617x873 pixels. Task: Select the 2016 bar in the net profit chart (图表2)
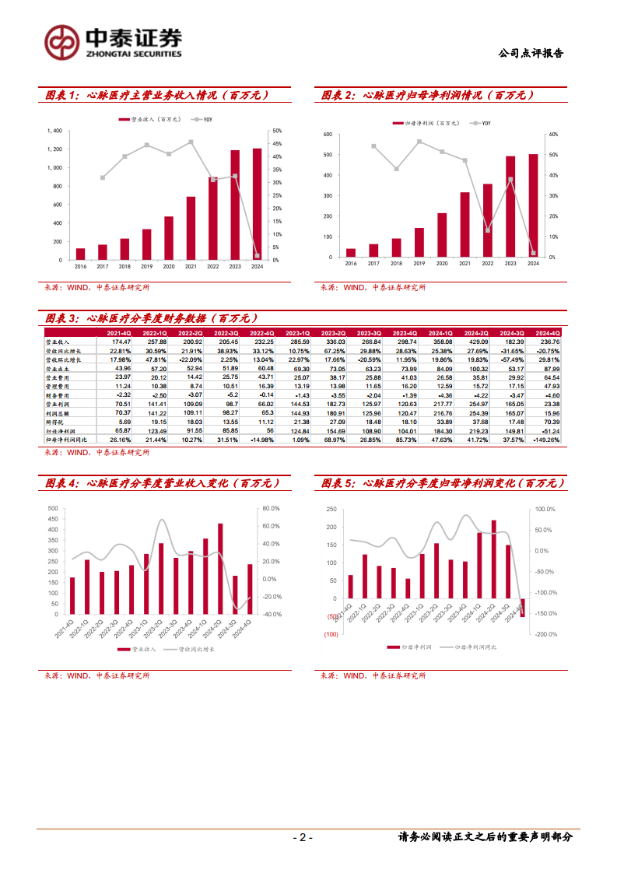point(350,253)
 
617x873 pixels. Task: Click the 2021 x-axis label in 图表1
point(191,266)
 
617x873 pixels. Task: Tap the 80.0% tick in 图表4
point(272,509)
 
